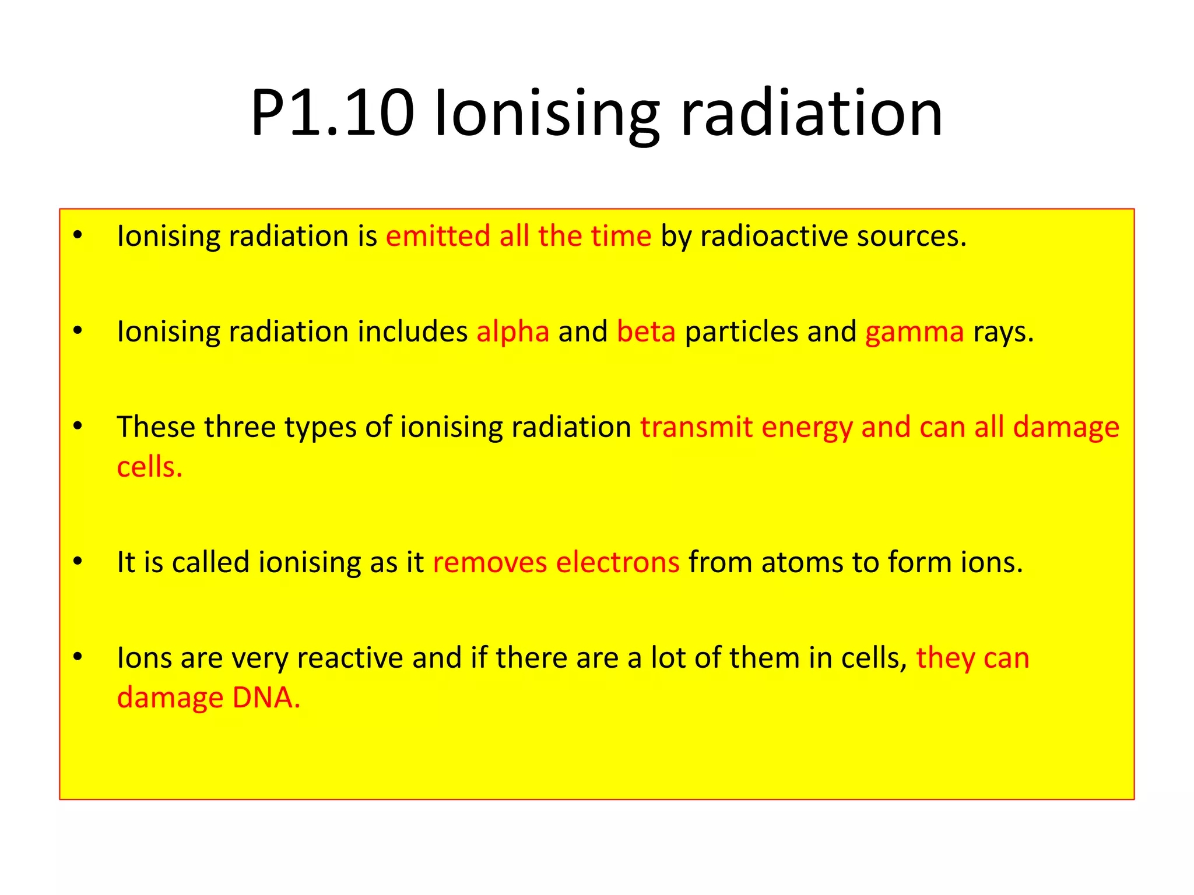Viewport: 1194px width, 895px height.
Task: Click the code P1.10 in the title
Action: (x=332, y=113)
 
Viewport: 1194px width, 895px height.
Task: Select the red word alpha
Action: (x=512, y=332)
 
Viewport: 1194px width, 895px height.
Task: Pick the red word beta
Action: (x=646, y=332)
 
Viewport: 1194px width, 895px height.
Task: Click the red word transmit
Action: (x=696, y=427)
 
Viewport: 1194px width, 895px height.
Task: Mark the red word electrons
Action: (x=617, y=562)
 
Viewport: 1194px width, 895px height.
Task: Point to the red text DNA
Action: (x=265, y=697)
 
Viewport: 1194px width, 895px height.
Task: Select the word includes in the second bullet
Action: (x=413, y=332)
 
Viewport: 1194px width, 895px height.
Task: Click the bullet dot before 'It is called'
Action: (x=78, y=561)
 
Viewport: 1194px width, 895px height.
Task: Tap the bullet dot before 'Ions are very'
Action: (x=78, y=657)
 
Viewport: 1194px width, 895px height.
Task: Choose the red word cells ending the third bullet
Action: (x=149, y=467)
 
